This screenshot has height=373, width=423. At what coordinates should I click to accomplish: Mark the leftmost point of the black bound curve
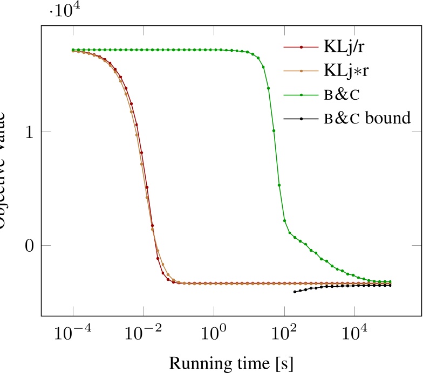point(295,292)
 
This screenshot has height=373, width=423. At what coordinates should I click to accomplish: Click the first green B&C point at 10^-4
point(73,50)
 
